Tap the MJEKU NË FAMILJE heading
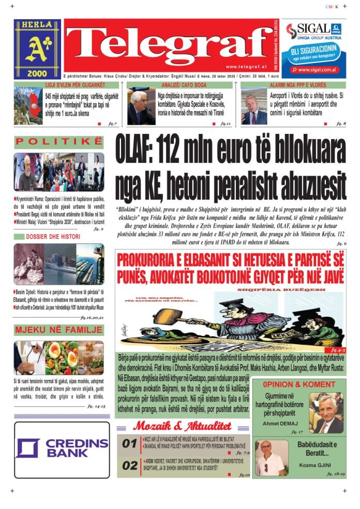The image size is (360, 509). click(x=58, y=330)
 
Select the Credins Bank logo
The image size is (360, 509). click(x=62, y=448)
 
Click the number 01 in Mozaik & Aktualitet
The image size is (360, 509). click(x=130, y=443)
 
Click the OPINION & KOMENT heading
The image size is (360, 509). click(x=298, y=384)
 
